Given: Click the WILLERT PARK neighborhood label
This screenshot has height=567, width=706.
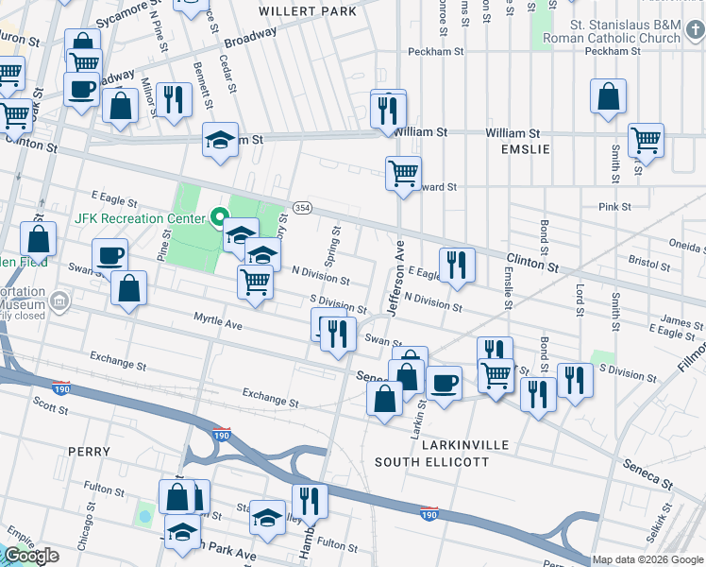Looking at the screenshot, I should [308, 11].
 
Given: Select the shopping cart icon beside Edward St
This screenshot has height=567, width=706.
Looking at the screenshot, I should [403, 174].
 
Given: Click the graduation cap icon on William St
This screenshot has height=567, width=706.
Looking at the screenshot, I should [221, 140].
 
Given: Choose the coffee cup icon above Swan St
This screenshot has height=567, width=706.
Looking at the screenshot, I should [109, 255].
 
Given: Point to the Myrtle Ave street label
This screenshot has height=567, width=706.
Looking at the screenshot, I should [218, 322].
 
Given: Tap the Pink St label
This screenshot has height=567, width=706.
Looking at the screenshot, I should [614, 206].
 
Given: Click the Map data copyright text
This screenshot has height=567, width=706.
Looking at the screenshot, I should [647, 559].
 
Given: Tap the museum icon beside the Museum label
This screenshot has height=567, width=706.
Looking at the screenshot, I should [59, 302].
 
